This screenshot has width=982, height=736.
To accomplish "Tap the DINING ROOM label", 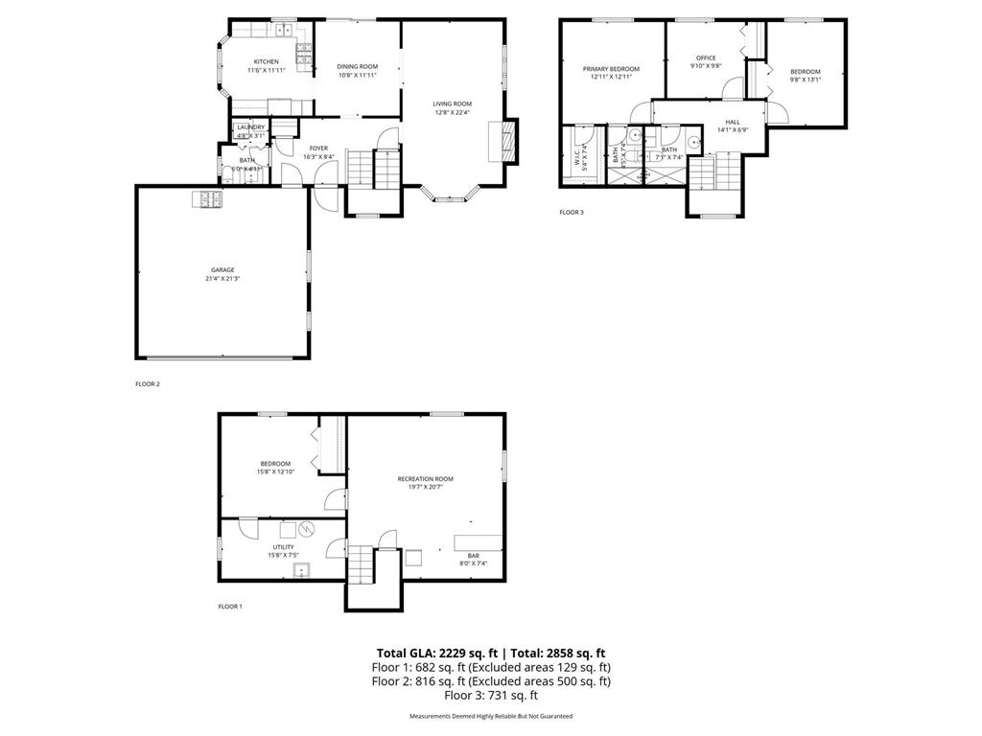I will [x=356, y=66].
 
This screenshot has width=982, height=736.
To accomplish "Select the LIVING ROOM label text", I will [x=452, y=103].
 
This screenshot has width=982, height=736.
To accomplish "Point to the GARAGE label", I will [x=222, y=269].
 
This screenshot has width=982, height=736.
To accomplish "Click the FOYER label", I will [x=318, y=148].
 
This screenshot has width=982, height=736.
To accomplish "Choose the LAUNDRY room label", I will [x=251, y=126].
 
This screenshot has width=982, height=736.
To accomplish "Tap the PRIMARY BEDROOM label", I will [x=611, y=69].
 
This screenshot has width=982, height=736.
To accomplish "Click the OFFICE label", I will [x=707, y=58].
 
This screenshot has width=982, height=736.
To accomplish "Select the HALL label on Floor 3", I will [x=733, y=122].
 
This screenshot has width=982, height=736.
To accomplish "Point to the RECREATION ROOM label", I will [x=426, y=478].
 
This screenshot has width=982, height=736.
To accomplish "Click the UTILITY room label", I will [x=283, y=546].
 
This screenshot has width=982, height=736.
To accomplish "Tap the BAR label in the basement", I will [x=474, y=555].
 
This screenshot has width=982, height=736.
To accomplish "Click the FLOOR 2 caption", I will [x=148, y=383].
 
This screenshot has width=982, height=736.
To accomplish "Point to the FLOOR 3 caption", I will [x=572, y=212].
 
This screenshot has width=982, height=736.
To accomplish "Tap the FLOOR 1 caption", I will [x=230, y=606].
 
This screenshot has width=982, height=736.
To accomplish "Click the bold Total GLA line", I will [x=490, y=653].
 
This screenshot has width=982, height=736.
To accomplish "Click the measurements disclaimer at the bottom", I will [x=490, y=716].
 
